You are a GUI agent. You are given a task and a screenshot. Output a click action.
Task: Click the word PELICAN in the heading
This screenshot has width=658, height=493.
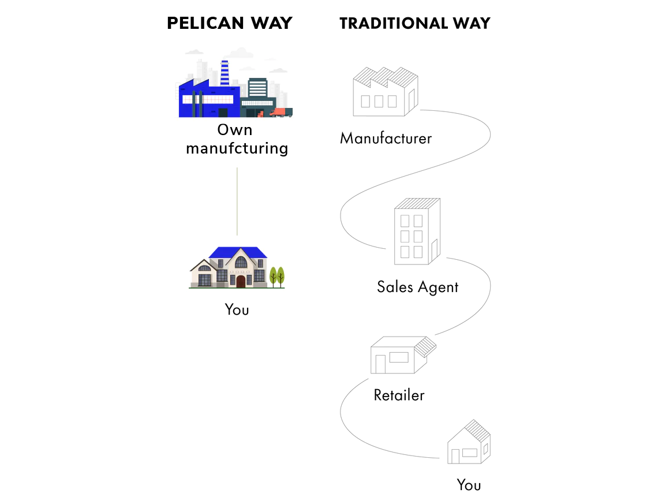[x=205, y=24]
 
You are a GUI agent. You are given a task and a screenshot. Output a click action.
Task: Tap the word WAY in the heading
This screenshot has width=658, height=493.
[x=271, y=24]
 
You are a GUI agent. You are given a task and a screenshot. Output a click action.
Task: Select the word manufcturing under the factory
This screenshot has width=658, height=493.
[x=237, y=149]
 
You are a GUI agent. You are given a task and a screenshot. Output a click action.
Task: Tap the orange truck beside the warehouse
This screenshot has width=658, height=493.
[x=279, y=112]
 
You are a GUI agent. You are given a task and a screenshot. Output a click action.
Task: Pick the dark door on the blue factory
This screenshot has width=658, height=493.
[x=223, y=113]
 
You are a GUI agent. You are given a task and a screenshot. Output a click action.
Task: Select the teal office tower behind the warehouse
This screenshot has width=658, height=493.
[x=257, y=88]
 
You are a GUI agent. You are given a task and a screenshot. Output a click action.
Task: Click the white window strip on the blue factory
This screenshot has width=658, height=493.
[x=208, y=99]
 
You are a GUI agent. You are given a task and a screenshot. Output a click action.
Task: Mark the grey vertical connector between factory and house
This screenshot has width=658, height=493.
[x=237, y=202]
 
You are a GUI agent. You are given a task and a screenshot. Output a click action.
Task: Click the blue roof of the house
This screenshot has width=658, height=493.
[x=238, y=252]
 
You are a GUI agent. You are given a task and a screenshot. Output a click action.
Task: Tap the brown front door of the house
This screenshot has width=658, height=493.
[x=241, y=281]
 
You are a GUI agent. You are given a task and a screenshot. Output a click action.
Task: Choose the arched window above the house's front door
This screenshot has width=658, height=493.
[x=241, y=263]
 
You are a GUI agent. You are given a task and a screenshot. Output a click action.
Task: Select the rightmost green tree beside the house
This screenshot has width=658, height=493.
[x=281, y=275]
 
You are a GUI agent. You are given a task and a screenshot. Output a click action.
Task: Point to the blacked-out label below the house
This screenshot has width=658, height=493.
[x=237, y=311]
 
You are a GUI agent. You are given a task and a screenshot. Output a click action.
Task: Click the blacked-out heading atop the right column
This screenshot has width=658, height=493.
[x=414, y=24]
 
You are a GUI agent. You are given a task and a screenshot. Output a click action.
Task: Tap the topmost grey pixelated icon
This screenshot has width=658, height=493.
[x=384, y=93]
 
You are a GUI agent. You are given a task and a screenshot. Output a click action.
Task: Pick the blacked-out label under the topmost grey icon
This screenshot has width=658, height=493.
[x=385, y=139]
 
